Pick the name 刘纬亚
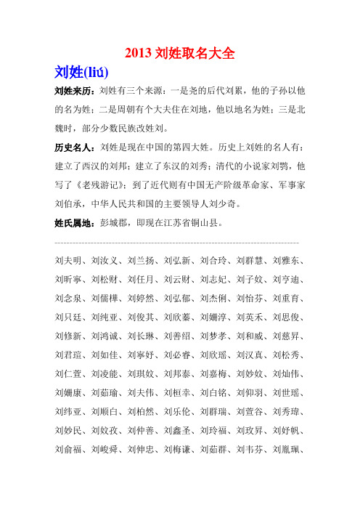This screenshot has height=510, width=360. pyautogui.click(x=70, y=431)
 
